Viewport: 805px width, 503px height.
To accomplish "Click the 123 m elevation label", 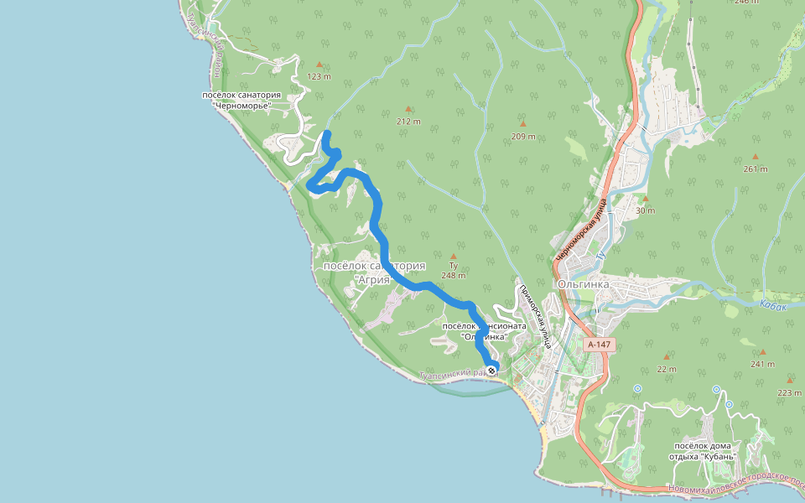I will tap(319, 76).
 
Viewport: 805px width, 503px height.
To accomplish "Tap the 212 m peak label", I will tap(408, 122).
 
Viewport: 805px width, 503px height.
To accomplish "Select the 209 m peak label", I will tap(522, 137).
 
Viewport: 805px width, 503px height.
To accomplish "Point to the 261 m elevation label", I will tap(755, 169).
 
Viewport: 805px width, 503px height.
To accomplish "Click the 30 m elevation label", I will tap(645, 210).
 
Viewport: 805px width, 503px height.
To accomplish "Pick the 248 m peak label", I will tap(453, 275).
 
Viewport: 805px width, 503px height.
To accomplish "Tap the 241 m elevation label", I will tap(763, 365).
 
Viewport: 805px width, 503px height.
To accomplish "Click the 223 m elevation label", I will tap(789, 392).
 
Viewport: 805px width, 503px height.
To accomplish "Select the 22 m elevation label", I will tap(667, 370).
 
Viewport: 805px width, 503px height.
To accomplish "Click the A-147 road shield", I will tap(600, 345).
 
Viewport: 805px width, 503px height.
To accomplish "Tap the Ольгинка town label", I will tap(583, 284).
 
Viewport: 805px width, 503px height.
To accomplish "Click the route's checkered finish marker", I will tap(491, 370).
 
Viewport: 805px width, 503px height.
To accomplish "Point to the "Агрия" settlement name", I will tap(373, 279).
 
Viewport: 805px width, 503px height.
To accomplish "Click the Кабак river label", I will tap(773, 306).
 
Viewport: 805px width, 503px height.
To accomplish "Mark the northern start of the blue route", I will tap(326, 134).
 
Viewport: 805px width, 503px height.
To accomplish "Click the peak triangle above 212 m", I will tap(408, 108).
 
